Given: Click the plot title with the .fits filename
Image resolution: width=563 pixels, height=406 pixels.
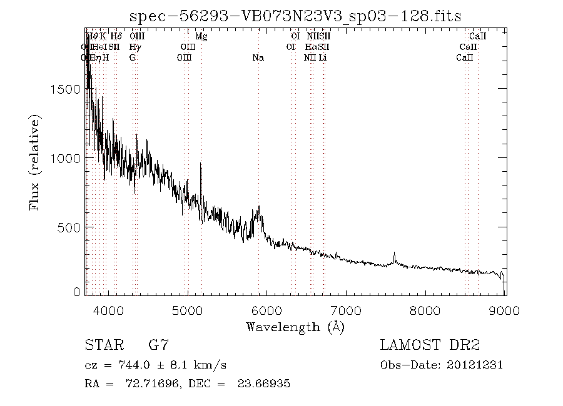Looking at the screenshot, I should coord(295,17).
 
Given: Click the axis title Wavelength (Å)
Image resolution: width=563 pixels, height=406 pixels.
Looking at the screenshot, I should coord(295,327).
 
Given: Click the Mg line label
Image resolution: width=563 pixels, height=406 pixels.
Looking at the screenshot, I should coord(201,37).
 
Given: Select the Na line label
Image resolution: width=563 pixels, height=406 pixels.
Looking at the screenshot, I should coord(258,57).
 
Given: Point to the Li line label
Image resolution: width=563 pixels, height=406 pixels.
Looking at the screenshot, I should coord(322,57).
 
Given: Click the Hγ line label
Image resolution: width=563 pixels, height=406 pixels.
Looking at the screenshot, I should coord(135,47).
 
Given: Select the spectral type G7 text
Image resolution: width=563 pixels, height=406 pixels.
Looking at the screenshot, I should coord(158,345).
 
